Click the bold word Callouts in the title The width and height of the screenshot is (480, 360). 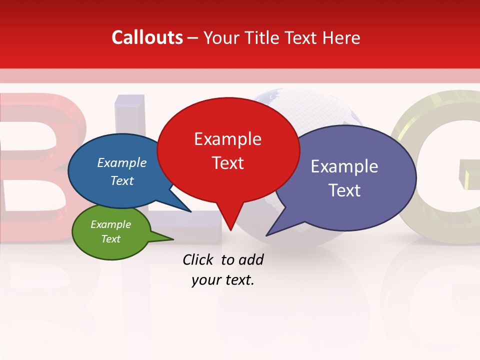point(147,37)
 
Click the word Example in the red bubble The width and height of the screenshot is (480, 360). point(227,139)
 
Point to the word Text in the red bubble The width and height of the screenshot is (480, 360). point(227,162)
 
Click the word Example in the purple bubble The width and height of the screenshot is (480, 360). point(344,166)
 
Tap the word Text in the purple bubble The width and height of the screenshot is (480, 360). point(344,190)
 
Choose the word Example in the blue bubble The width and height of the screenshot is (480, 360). point(121,162)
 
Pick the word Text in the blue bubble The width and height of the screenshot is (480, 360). point(121,180)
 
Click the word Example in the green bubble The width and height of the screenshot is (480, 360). point(110,224)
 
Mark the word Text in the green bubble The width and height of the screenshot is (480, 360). point(110,239)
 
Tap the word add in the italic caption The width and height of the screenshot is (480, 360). point(251,259)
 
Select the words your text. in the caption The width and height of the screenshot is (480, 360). point(223,280)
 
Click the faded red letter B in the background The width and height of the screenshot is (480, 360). point(30,160)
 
